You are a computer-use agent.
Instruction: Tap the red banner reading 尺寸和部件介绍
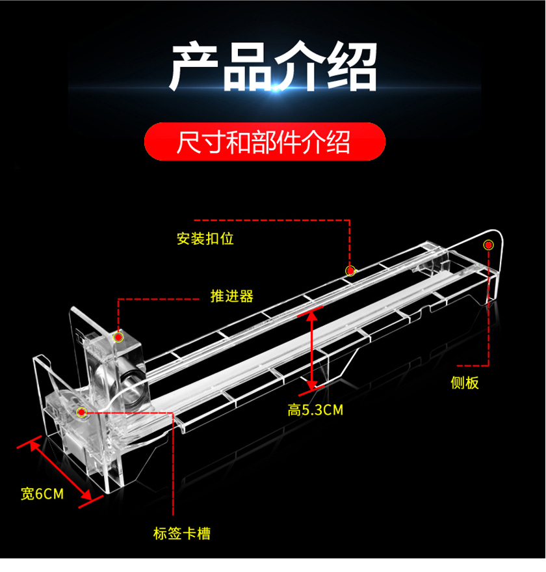(265, 142)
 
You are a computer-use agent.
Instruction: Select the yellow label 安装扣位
(205, 239)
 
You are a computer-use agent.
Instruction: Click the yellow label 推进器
(232, 296)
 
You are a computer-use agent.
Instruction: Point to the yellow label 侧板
(465, 383)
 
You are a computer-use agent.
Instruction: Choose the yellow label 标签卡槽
(182, 534)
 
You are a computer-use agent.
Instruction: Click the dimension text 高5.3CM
(315, 410)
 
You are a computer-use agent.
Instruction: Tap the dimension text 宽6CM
(42, 494)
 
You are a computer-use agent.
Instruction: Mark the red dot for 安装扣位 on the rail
(350, 271)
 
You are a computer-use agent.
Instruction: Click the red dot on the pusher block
(118, 337)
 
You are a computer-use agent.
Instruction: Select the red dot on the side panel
(488, 245)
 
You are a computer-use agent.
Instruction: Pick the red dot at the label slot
(82, 413)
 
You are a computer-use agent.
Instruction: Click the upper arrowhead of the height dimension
(311, 316)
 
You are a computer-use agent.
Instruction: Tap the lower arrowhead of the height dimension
(311, 385)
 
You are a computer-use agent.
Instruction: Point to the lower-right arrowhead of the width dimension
(86, 495)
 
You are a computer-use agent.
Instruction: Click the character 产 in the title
(194, 66)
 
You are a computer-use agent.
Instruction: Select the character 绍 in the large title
(352, 66)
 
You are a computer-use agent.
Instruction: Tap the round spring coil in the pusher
(132, 383)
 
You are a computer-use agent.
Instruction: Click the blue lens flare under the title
(274, 88)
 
